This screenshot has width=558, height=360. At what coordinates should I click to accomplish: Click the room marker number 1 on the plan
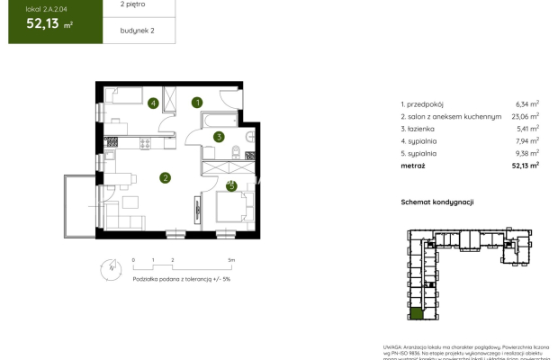tap(198, 103)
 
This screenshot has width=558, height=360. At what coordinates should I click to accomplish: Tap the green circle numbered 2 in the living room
tap(166, 178)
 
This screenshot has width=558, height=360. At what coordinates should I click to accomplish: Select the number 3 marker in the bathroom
tap(219, 138)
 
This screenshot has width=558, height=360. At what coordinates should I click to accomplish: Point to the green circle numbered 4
tap(154, 103)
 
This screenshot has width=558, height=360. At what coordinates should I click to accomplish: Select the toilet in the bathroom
tap(235, 152)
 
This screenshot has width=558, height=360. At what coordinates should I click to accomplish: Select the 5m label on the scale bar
tap(231, 259)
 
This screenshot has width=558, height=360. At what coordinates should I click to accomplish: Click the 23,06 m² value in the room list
tap(525, 116)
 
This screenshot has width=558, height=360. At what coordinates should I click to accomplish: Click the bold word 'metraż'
tap(414, 165)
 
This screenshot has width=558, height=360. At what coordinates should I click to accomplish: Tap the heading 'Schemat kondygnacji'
tap(437, 203)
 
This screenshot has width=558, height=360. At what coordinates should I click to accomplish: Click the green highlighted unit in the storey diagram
tap(416, 317)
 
